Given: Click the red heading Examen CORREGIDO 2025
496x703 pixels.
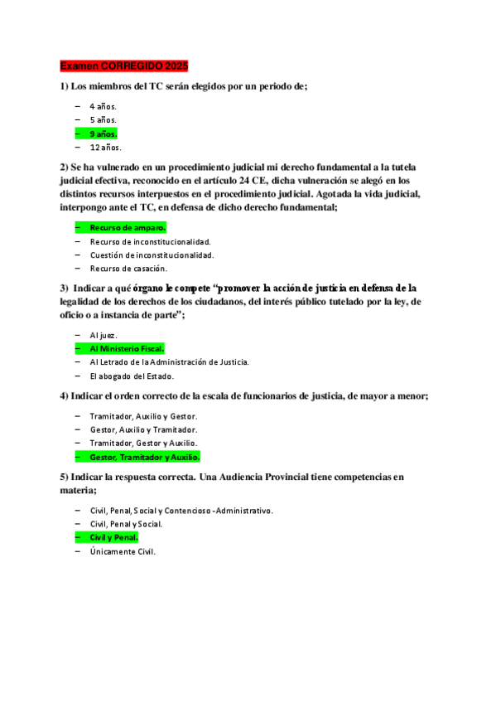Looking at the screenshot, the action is pos(124,65).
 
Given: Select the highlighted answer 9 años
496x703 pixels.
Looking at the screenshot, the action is pos(104,133).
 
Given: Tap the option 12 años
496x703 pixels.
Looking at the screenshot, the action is pos(105,148).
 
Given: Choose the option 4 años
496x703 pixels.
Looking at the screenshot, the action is pos(104,106).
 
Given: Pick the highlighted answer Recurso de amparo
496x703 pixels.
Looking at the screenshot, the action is pos(128,227).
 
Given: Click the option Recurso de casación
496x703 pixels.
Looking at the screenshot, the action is pos(128,269).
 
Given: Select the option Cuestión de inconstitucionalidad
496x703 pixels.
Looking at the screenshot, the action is pos(152,255).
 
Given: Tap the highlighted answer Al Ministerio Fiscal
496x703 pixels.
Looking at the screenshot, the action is pos(127,348).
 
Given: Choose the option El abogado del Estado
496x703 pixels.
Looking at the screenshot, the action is pos(132,376).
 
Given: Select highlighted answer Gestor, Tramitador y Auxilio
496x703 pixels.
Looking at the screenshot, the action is pos(145,457).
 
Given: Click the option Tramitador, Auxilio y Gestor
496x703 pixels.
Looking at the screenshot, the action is pos(143,415).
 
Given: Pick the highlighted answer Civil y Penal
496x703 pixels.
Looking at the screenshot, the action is pos(113,537).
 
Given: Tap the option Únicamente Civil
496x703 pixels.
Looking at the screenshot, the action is pos(123,551).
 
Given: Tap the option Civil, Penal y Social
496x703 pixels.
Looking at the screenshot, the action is pos(126,524).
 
